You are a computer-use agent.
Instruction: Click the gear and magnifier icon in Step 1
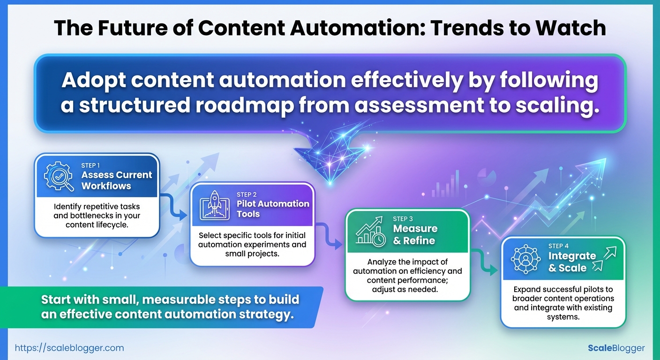coord(59,176)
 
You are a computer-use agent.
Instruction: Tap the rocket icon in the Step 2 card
coord(215,206)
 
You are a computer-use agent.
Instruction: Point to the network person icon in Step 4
coord(525,259)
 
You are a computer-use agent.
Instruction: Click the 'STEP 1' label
coord(90,165)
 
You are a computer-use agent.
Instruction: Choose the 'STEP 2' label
coord(247,195)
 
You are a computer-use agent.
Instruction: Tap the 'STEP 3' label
coord(403,219)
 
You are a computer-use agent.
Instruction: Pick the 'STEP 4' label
coord(558,246)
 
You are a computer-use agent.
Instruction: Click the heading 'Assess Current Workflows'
coord(117,180)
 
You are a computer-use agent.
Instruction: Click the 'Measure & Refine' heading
coord(415,234)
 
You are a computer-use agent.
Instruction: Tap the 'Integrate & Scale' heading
coord(572,262)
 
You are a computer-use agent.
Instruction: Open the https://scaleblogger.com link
coord(69,348)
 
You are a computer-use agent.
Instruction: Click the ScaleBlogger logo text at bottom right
coord(616,348)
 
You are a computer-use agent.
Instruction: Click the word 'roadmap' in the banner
coord(245,105)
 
